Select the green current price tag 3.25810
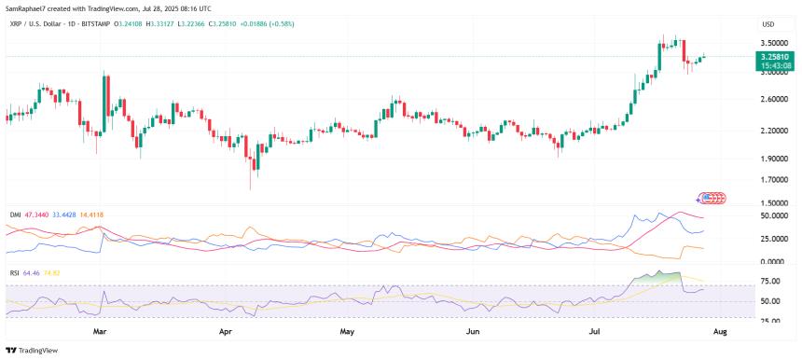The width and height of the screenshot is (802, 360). tap(776, 57)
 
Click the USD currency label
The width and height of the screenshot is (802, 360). tap(768, 23)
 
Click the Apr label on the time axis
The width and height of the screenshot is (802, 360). tap(224, 330)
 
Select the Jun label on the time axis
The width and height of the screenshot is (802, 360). tap(472, 330)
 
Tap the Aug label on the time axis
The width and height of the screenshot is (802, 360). tap(719, 330)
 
